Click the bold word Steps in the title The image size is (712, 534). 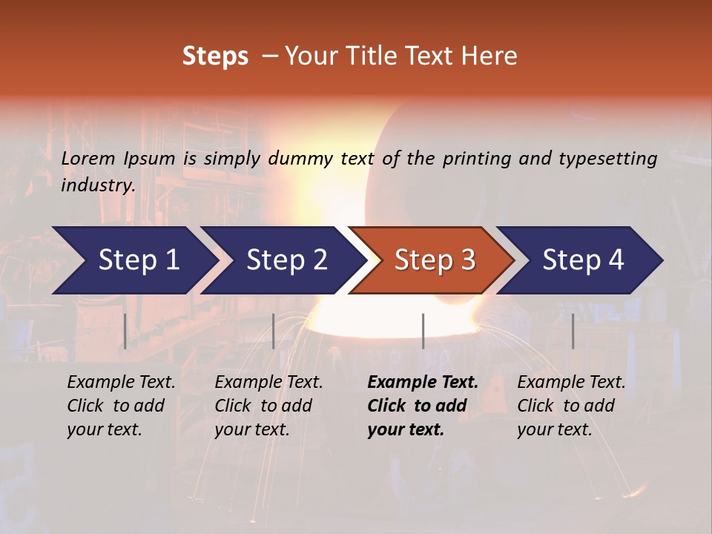pos(215,56)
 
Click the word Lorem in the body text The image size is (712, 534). pos(88,158)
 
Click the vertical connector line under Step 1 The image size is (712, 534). pos(125,331)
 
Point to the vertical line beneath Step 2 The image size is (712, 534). pos(274,331)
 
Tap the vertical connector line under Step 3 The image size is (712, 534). pos(423,331)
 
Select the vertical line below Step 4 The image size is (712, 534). pos(573,331)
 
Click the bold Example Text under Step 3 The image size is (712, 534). pos(423,383)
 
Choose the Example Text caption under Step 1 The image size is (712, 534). pos(121,383)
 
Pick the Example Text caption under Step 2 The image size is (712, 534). pos(268,383)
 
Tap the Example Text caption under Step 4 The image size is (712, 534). pos(571,383)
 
